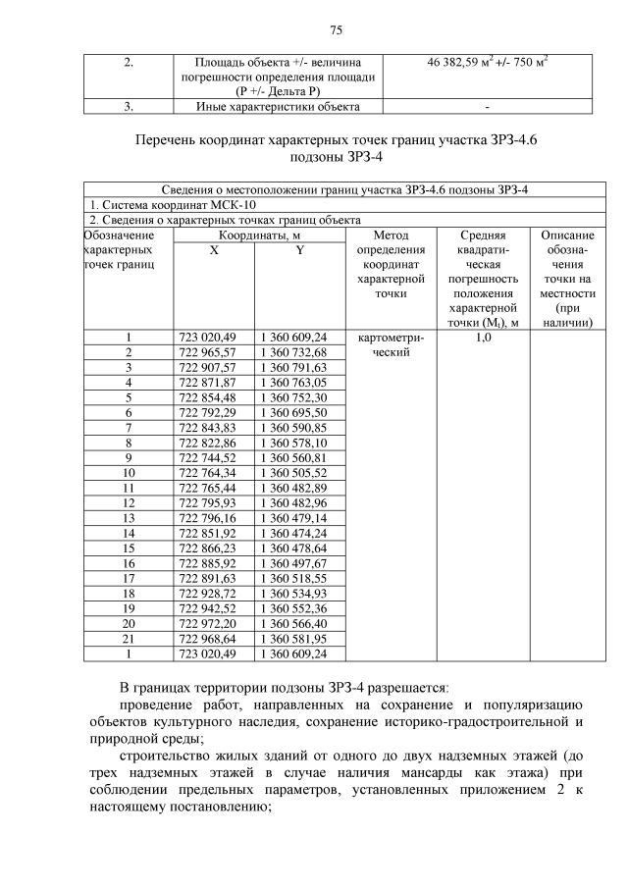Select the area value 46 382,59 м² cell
click(487, 63)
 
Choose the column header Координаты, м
click(253, 235)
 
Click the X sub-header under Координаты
click(213, 250)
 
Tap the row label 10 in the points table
click(129, 472)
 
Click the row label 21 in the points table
click(129, 638)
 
